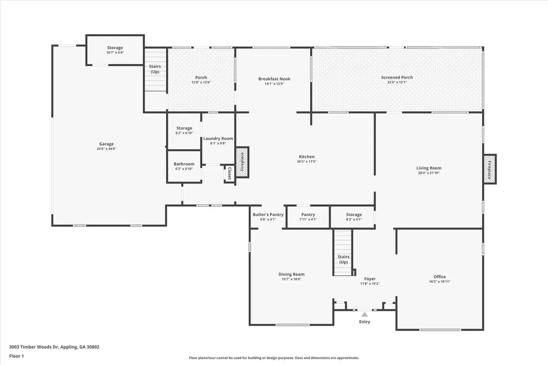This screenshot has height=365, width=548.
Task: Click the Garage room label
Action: [x=106, y=144]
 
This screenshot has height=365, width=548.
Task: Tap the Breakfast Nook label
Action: [x=274, y=79]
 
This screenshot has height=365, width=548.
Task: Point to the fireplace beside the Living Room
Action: [x=489, y=170]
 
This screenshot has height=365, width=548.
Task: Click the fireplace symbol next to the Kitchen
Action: [x=242, y=162]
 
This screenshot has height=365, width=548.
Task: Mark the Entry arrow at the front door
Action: [x=364, y=314]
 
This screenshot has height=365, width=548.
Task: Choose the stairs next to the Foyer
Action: [x=343, y=253]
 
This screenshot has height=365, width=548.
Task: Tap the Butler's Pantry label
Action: [x=268, y=215]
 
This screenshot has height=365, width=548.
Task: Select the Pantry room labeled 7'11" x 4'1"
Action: [x=308, y=217]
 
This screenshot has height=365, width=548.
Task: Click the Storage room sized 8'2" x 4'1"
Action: [x=353, y=217]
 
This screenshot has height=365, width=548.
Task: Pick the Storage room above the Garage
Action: [x=115, y=50]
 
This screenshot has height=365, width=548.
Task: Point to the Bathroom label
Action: [x=184, y=164]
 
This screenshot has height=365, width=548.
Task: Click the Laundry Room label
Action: [x=218, y=139]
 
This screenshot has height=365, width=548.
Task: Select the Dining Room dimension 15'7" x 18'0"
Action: [x=291, y=279]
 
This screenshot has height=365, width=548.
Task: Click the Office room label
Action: [x=439, y=277]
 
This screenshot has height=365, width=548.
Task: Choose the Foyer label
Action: [x=370, y=279]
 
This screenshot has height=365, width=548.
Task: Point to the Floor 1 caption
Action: [x=16, y=356]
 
